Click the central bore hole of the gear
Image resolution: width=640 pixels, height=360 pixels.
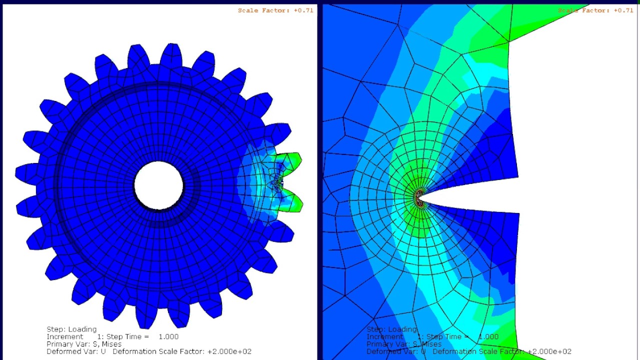pyautogui.click(x=159, y=185)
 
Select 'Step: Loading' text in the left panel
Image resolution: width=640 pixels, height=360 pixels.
pyautogui.click(x=71, y=329)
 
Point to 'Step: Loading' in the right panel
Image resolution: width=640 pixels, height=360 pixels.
pyautogui.click(x=391, y=329)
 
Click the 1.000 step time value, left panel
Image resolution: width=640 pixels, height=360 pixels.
pyautogui.click(x=168, y=336)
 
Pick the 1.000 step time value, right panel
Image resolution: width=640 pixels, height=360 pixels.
pyautogui.click(x=488, y=336)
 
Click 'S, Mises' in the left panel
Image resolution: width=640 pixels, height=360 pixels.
pyautogui.click(x=104, y=344)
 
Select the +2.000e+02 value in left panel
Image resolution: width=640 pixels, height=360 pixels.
pyautogui.click(x=229, y=351)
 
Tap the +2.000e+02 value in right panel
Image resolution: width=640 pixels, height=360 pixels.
pyautogui.click(x=549, y=351)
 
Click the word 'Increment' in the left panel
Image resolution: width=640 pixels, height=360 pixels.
pyautogui.click(x=64, y=336)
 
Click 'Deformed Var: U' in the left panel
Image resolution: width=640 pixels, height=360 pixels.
pyautogui.click(x=76, y=351)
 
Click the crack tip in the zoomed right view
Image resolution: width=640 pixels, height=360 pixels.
pyautogui.click(x=418, y=197)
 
